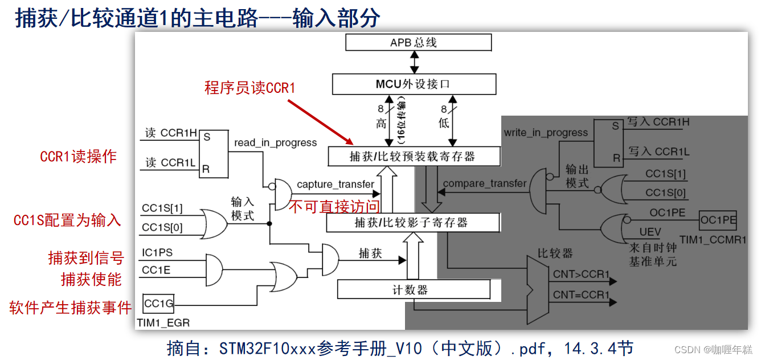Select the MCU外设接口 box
pyautogui.click(x=414, y=84)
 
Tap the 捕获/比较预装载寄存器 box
pyautogui.click(x=414, y=156)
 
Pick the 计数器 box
pyautogui.click(x=414, y=290)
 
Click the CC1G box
pyautogui.click(x=158, y=304)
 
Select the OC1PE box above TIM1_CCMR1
pyautogui.click(x=718, y=220)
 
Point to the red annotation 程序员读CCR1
pyautogui.click(x=249, y=88)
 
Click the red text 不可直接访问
pyautogui.click(x=334, y=207)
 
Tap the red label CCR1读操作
pyautogui.click(x=79, y=157)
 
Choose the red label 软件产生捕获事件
pyautogui.click(x=71, y=308)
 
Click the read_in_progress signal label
pyautogui.click(x=275, y=143)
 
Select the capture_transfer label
pyautogui.click(x=336, y=185)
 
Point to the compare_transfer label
pyautogui.click(x=484, y=183)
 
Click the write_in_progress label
pyautogui.click(x=545, y=133)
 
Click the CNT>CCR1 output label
pyautogui.click(x=581, y=275)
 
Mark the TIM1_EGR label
pyautogui.click(x=163, y=323)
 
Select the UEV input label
pyautogui.click(x=650, y=232)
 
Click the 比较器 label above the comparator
pyautogui.click(x=555, y=253)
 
